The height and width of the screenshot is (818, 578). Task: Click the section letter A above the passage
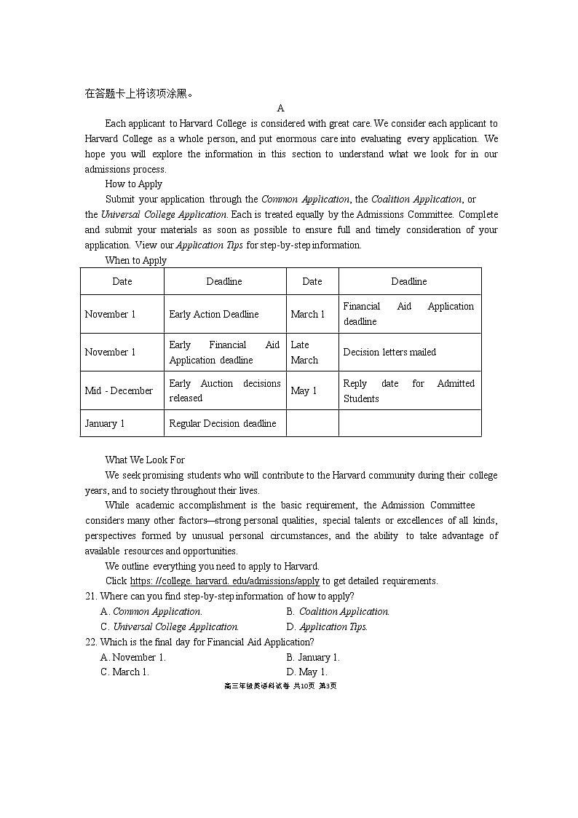[x=281, y=109]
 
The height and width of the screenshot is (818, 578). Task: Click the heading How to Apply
[x=134, y=184]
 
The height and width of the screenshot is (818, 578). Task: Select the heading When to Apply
[x=136, y=261]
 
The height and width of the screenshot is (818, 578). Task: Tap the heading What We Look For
[x=145, y=460]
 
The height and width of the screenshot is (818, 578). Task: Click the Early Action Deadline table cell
[x=214, y=315]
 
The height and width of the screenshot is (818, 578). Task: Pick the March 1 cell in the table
[x=308, y=315]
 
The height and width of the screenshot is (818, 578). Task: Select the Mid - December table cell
[x=119, y=391]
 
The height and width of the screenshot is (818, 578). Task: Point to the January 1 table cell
[x=105, y=424]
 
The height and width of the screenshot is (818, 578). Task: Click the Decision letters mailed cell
[x=389, y=353]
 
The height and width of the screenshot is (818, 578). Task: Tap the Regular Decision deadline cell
[x=223, y=424]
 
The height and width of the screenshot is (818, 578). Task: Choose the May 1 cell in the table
[x=304, y=391]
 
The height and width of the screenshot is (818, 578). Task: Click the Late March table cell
[x=304, y=353]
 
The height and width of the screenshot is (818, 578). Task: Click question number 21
[x=91, y=597]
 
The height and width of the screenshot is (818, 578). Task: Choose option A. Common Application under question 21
[x=151, y=612]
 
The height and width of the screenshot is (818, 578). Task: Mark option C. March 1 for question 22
[x=124, y=672]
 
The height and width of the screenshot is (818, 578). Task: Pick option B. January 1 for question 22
[x=313, y=658]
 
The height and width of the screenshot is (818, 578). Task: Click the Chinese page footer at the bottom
[x=280, y=686]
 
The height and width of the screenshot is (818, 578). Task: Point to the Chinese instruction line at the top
[x=139, y=93]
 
